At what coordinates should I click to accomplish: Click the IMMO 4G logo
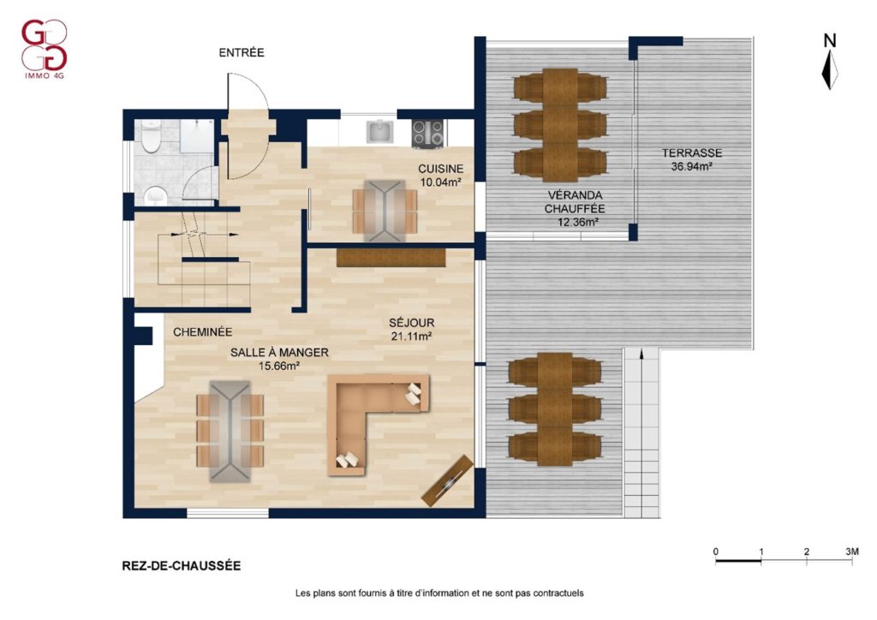tap(45, 49)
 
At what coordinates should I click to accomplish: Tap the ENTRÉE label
tap(242, 52)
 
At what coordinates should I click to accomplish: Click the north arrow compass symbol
tap(830, 62)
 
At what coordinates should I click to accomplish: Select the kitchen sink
tap(380, 132)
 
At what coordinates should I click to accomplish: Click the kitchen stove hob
tap(428, 134)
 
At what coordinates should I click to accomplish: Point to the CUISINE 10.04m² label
tap(441, 175)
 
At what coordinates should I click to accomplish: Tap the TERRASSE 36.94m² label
tap(692, 159)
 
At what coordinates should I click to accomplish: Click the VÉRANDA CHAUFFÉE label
tap(575, 202)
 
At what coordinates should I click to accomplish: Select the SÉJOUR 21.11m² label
tap(412, 330)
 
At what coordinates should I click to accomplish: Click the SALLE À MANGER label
tap(279, 353)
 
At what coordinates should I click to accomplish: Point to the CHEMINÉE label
tap(202, 332)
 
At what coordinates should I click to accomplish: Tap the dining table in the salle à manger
tap(230, 431)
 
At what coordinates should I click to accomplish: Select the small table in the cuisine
tap(385, 211)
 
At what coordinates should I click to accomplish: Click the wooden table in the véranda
tap(560, 125)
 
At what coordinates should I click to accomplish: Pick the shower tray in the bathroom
tap(197, 136)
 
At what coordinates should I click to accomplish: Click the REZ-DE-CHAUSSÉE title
tap(182, 566)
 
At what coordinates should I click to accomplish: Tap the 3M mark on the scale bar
tap(852, 551)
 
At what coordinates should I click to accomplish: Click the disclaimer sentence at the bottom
tap(439, 593)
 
